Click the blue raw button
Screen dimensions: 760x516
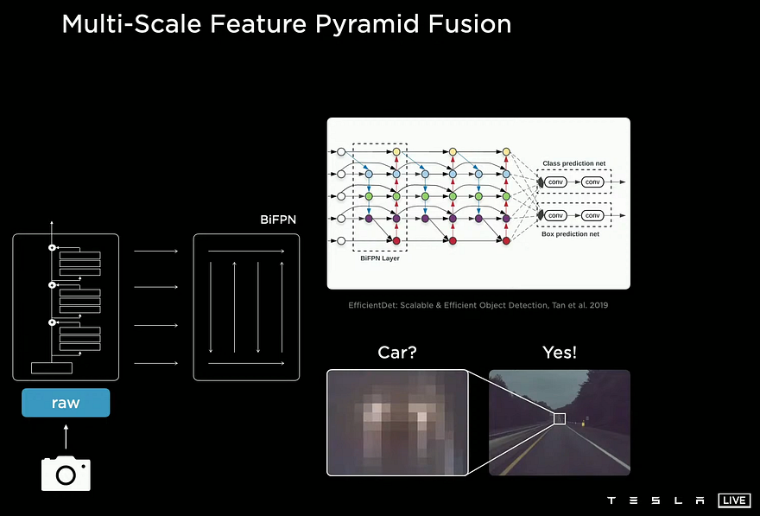point(66,403)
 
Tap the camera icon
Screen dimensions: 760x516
point(66,473)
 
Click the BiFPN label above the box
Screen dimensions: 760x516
point(278,220)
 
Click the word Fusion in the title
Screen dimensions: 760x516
point(469,23)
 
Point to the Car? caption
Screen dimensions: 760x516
point(397,352)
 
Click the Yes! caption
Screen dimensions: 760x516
point(560,352)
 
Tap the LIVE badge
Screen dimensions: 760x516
point(734,500)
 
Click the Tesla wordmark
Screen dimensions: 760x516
point(655,500)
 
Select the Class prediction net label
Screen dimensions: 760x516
point(573,163)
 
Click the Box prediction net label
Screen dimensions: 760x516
point(571,233)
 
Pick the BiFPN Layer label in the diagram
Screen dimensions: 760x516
point(380,258)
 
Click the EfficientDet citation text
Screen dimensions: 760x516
point(478,305)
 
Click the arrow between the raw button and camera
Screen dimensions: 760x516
point(66,436)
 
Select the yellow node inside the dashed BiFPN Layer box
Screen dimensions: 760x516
point(396,152)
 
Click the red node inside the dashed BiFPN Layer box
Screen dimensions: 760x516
point(396,240)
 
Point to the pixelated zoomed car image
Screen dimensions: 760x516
point(397,423)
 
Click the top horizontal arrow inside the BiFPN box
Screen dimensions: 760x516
point(246,252)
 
